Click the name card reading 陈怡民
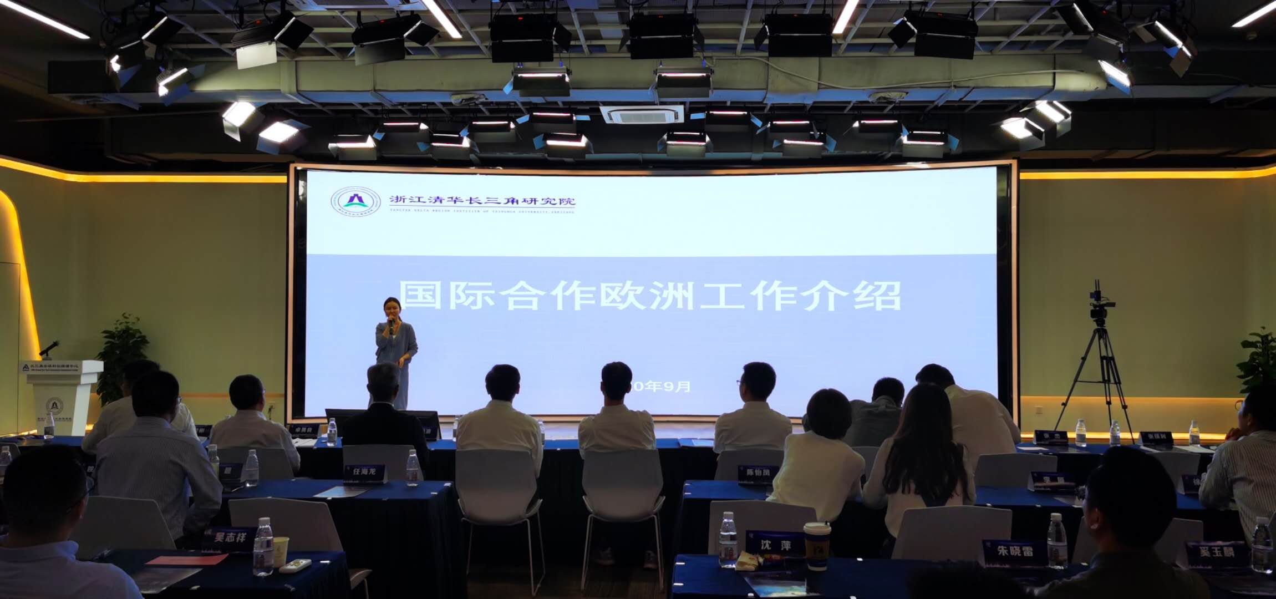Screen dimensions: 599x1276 tap(757, 473)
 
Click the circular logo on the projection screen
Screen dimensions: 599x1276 tap(355, 201)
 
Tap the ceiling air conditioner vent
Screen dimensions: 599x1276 tap(642, 114)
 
